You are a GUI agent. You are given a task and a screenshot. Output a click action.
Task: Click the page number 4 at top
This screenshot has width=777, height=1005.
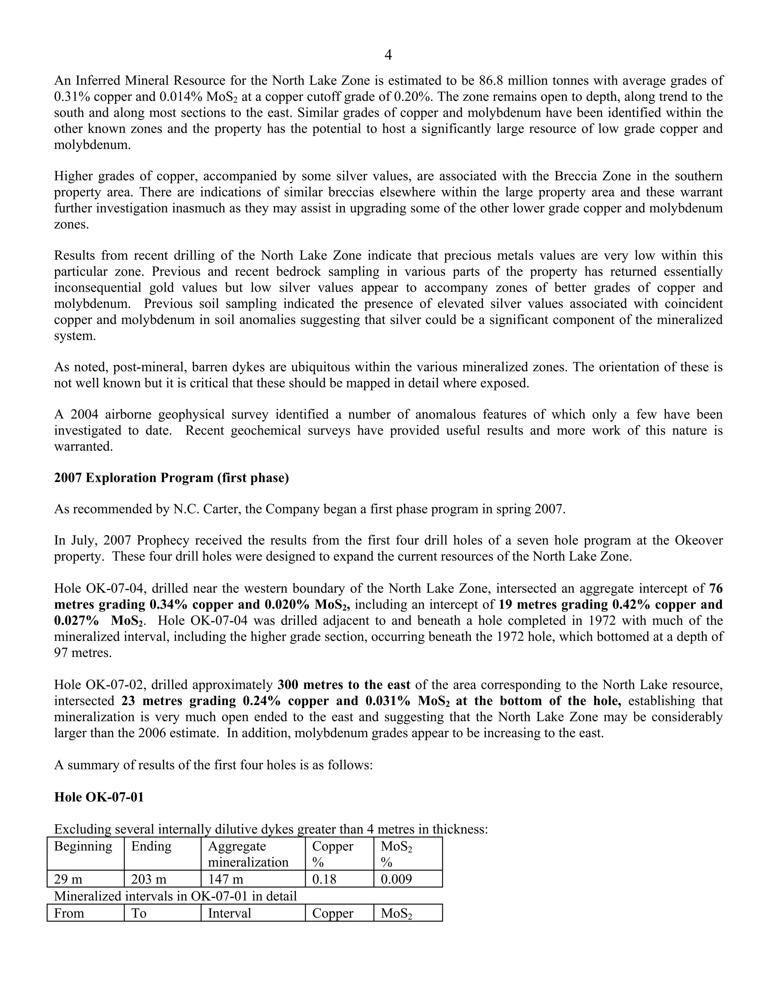(388, 56)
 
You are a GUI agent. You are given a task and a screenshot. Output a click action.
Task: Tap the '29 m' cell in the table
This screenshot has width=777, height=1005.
(69, 879)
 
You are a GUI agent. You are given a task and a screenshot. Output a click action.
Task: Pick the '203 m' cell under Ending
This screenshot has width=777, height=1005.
(149, 879)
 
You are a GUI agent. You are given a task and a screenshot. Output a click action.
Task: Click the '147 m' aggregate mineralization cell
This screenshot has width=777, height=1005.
(226, 879)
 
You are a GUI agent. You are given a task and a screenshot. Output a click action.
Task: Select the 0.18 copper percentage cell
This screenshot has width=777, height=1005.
(324, 879)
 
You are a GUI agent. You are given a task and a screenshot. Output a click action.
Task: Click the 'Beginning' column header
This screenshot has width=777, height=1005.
(83, 846)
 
